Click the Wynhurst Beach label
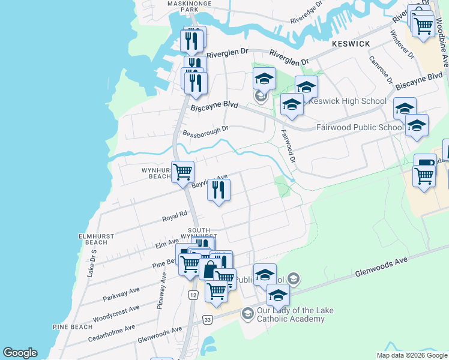click(x=157, y=173)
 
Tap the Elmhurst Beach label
click(x=96, y=238)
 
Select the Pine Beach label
click(x=72, y=327)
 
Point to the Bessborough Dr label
click(x=206, y=130)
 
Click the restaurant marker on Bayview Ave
click(x=218, y=191)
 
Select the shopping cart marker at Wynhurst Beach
click(x=182, y=172)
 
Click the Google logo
click(x=20, y=353)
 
